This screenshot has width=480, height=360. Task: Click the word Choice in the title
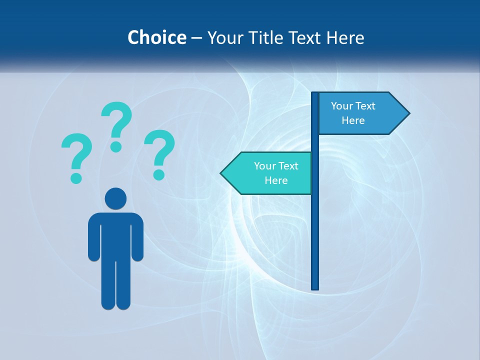click(x=156, y=37)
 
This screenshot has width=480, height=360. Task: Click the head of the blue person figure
click(x=115, y=198)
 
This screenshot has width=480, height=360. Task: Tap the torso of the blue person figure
click(x=115, y=235)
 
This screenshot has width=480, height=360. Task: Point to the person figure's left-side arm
click(x=93, y=237)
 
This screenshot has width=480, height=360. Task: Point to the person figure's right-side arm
click(x=137, y=237)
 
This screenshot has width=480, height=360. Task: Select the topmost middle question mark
click(x=117, y=120)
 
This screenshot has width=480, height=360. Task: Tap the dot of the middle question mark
click(x=116, y=146)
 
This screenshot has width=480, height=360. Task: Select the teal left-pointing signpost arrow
click(x=267, y=173)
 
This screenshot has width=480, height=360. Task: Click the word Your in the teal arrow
click(x=265, y=166)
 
